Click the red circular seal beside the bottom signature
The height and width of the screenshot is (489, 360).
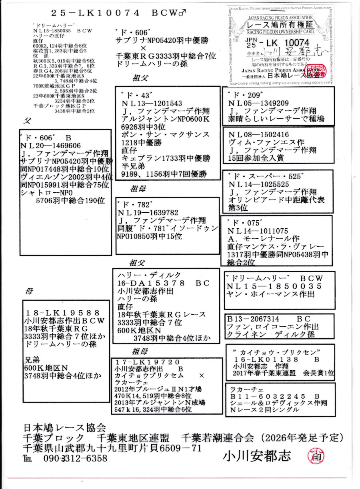click(316, 455)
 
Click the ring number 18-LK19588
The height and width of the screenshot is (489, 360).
click(62, 312)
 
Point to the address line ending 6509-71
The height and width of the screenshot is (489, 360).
click(112, 448)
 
